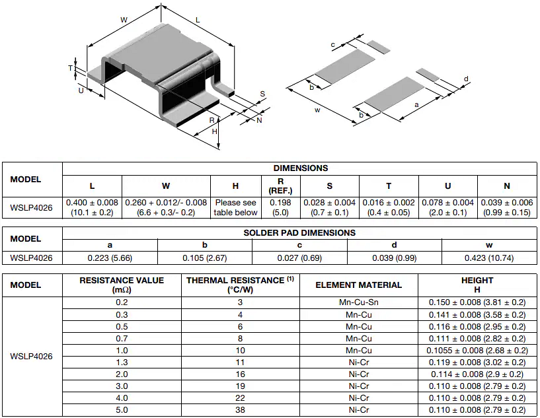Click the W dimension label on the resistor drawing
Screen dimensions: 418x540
[x=124, y=20]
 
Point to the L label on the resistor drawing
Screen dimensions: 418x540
[x=198, y=20]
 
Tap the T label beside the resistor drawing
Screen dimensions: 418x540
[x=70, y=68]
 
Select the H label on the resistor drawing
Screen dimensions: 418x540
[x=215, y=131]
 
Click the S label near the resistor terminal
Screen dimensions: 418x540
[x=262, y=94]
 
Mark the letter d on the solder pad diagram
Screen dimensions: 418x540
[x=466, y=79]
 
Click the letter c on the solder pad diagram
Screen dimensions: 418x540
[x=332, y=45]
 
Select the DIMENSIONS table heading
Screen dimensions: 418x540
[x=300, y=168]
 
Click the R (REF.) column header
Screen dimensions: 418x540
[x=280, y=186]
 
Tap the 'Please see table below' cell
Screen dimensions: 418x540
[x=236, y=207]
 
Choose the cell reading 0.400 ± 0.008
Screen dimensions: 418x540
[x=92, y=202]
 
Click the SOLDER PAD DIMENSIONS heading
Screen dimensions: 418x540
[x=299, y=232]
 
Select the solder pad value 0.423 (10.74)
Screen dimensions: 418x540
[x=490, y=258]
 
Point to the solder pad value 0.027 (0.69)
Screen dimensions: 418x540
[x=299, y=258]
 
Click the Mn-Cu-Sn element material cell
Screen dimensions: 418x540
[x=358, y=302]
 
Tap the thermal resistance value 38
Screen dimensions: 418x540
[x=241, y=409]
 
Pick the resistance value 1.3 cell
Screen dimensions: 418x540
[x=122, y=362]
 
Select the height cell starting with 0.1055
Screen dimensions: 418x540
[x=477, y=350]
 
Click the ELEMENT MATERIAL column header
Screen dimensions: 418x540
[x=358, y=285]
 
